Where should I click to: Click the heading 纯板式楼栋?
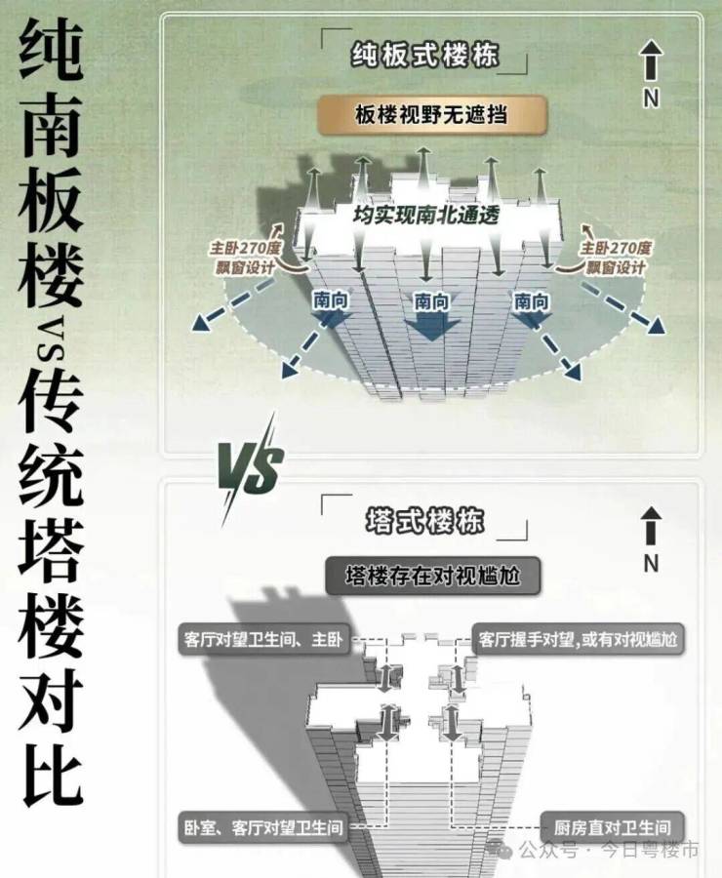pyautogui.click(x=424, y=56)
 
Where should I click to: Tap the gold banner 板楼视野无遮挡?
pyautogui.click(x=430, y=116)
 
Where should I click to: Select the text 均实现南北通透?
pyautogui.click(x=426, y=216)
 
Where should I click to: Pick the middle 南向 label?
pyautogui.click(x=430, y=301)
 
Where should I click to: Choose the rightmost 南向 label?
pyautogui.click(x=532, y=301)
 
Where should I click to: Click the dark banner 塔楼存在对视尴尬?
pyautogui.click(x=432, y=577)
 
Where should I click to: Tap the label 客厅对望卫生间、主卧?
pyautogui.click(x=261, y=640)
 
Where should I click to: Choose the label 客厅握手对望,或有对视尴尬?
pyautogui.click(x=578, y=640)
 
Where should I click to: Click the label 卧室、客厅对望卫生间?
pyautogui.click(x=263, y=826)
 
